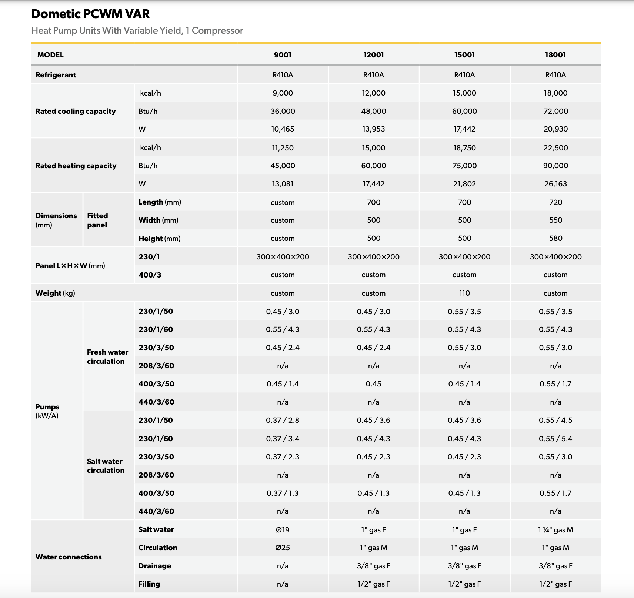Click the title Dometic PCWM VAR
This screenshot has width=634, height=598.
[x=90, y=14]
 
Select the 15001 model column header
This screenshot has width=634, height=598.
[x=464, y=55]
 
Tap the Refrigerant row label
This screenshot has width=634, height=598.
[x=56, y=75]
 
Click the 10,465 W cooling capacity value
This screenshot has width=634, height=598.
[x=283, y=129]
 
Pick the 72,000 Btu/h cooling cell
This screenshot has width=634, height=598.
[x=555, y=111]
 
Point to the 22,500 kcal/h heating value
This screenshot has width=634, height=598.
[x=555, y=148]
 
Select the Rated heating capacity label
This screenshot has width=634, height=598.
[x=76, y=166]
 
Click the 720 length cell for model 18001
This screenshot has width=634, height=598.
[x=555, y=202]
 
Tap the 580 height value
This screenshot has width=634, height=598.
[x=555, y=238]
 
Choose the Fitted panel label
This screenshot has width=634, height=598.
[x=97, y=220]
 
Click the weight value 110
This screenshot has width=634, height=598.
[x=464, y=293]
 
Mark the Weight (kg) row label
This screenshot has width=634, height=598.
[x=55, y=293]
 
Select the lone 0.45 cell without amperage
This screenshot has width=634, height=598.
[x=373, y=384]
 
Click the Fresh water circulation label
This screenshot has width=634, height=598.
[x=107, y=356]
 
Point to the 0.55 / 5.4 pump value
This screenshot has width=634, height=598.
[x=555, y=439]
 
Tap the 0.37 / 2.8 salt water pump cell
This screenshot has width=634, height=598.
[x=283, y=420]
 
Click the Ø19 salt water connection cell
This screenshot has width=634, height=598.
[x=283, y=530]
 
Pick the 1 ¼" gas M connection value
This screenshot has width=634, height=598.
[x=555, y=530]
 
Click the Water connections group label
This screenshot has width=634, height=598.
[x=69, y=557]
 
